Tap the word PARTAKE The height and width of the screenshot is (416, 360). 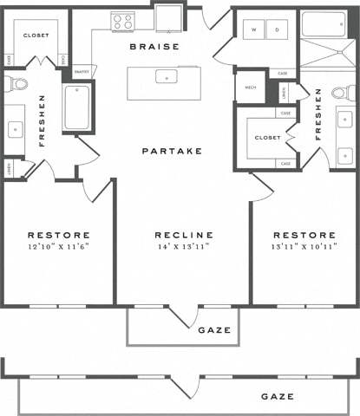[x=173, y=151]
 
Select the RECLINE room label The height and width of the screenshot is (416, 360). [x=184, y=235]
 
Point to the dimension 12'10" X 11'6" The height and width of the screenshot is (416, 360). [x=59, y=245]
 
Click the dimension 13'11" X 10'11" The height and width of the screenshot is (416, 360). [x=304, y=245]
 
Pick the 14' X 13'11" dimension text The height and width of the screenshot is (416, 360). [x=184, y=245]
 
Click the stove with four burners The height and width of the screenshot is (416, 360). [x=121, y=21]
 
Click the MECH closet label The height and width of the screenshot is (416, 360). [x=251, y=87]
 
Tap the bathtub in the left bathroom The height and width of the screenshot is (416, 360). [x=77, y=107]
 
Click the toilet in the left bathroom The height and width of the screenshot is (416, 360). [x=15, y=84]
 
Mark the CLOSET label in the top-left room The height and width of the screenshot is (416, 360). [x=36, y=36]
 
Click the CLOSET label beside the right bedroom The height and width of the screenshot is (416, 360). [x=266, y=137]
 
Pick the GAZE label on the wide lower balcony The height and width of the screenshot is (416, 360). [x=277, y=396]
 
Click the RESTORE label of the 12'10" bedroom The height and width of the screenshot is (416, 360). [x=59, y=235]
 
